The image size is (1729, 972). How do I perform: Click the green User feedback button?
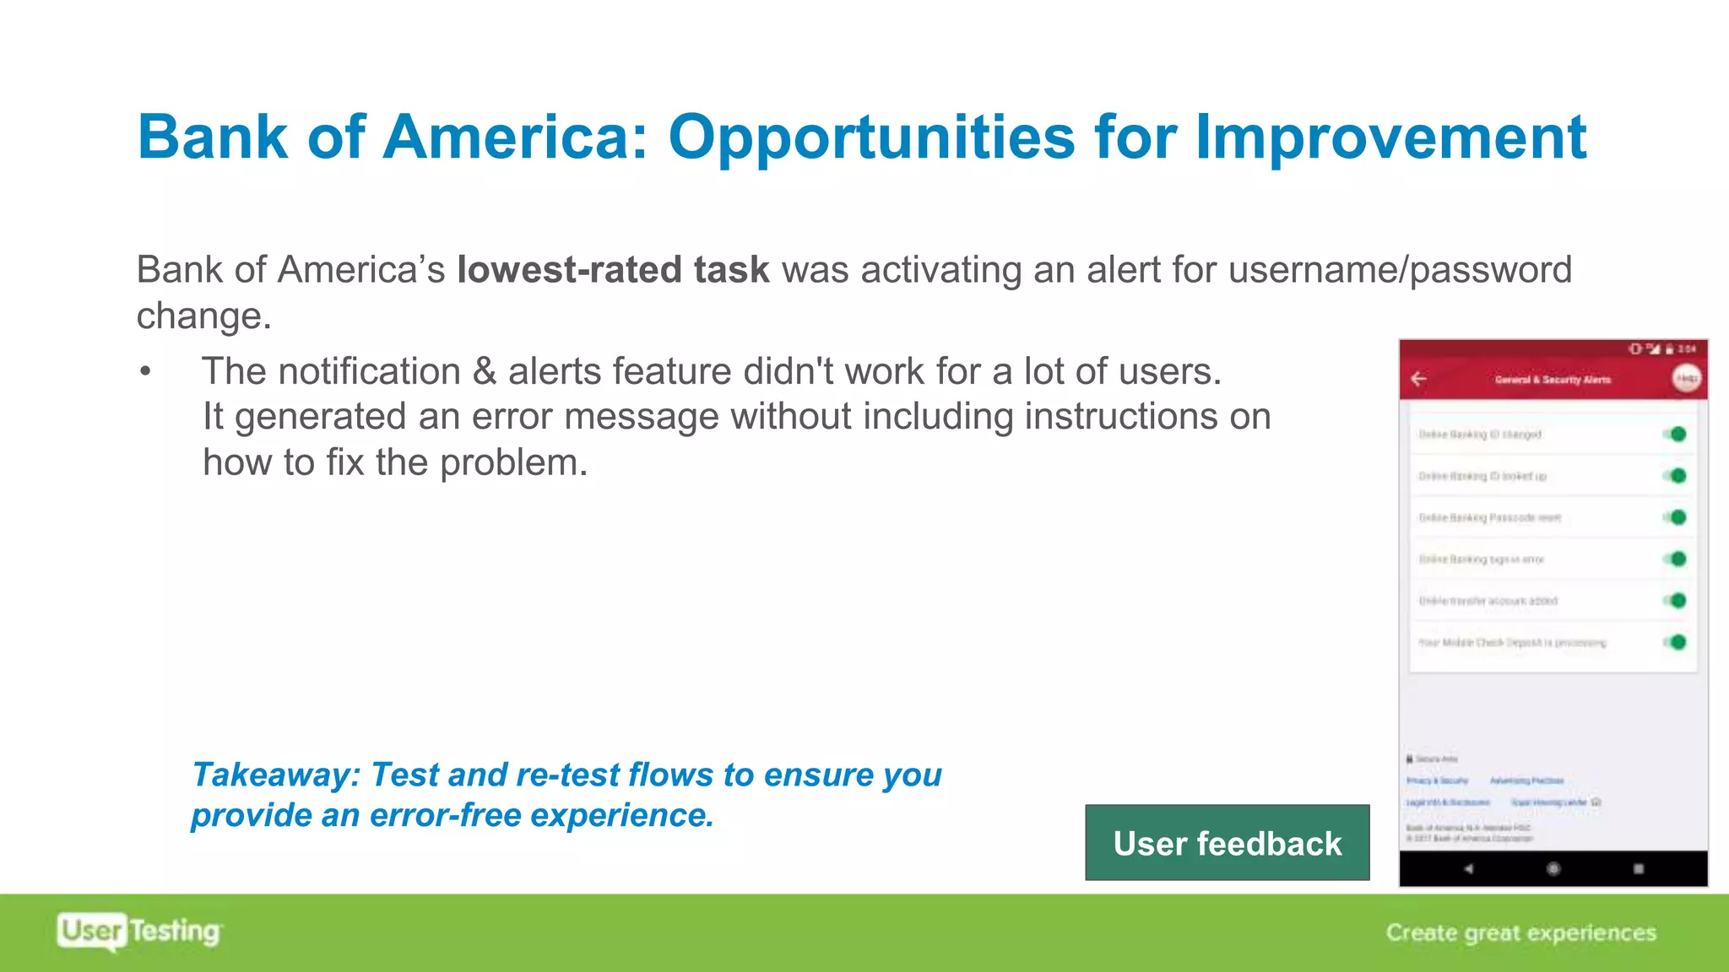[x=1227, y=843]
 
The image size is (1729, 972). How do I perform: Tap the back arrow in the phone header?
[x=1419, y=379]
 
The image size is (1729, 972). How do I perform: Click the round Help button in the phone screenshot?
[x=1686, y=379]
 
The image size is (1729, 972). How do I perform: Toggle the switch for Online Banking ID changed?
[x=1676, y=435]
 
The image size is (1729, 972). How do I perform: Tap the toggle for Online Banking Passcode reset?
[x=1676, y=517]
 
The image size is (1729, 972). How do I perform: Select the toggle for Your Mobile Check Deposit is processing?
[x=1676, y=642]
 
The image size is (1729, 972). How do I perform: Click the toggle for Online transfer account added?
[x=1676, y=601]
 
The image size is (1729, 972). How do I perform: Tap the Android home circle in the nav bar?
[x=1553, y=868]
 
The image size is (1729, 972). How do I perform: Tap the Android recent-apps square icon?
[x=1639, y=868]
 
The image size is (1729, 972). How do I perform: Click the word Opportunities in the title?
[x=871, y=138]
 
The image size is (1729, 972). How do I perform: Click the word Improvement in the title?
[x=1390, y=138]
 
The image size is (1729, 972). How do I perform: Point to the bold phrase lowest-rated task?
[x=613, y=270]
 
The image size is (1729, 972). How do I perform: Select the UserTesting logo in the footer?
[x=139, y=931]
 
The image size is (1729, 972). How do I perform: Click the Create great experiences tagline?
[x=1520, y=932]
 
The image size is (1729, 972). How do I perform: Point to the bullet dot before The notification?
[x=146, y=372]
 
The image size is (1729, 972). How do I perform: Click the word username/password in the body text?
[x=1400, y=270]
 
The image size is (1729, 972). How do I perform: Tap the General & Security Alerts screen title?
[x=1553, y=380]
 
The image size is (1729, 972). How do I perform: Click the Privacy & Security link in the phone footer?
[x=1437, y=780]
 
